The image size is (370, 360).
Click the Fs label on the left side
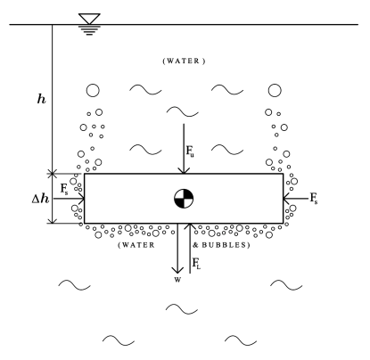pos(63,190)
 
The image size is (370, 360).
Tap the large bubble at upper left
pos(92,90)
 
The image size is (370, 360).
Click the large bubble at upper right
pos(275,90)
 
